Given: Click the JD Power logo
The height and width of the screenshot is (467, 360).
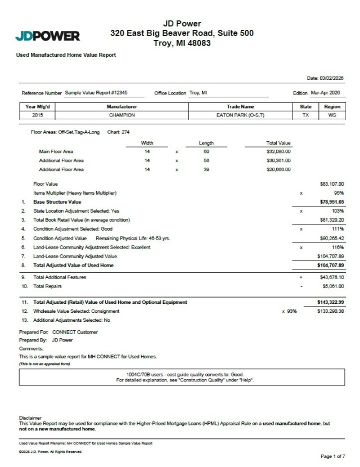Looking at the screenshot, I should click(47, 37).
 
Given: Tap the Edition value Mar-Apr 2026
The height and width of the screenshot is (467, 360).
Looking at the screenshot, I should click(327, 93).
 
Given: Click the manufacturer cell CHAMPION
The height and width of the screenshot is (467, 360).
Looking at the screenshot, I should click(121, 114).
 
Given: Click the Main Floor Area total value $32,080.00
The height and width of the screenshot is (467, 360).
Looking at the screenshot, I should click(278, 151).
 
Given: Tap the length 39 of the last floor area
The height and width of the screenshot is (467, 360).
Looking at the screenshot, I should click(206, 169).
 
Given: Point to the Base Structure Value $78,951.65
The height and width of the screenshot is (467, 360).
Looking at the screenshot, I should click(331, 201).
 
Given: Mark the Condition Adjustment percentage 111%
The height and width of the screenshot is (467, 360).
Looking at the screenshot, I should click(337, 229).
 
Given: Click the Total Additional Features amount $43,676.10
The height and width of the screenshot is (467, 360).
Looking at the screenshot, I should click(331, 277).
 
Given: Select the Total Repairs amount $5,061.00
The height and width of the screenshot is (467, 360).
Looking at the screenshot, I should click(332, 286).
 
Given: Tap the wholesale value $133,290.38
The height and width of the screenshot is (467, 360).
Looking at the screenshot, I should click(331, 311).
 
